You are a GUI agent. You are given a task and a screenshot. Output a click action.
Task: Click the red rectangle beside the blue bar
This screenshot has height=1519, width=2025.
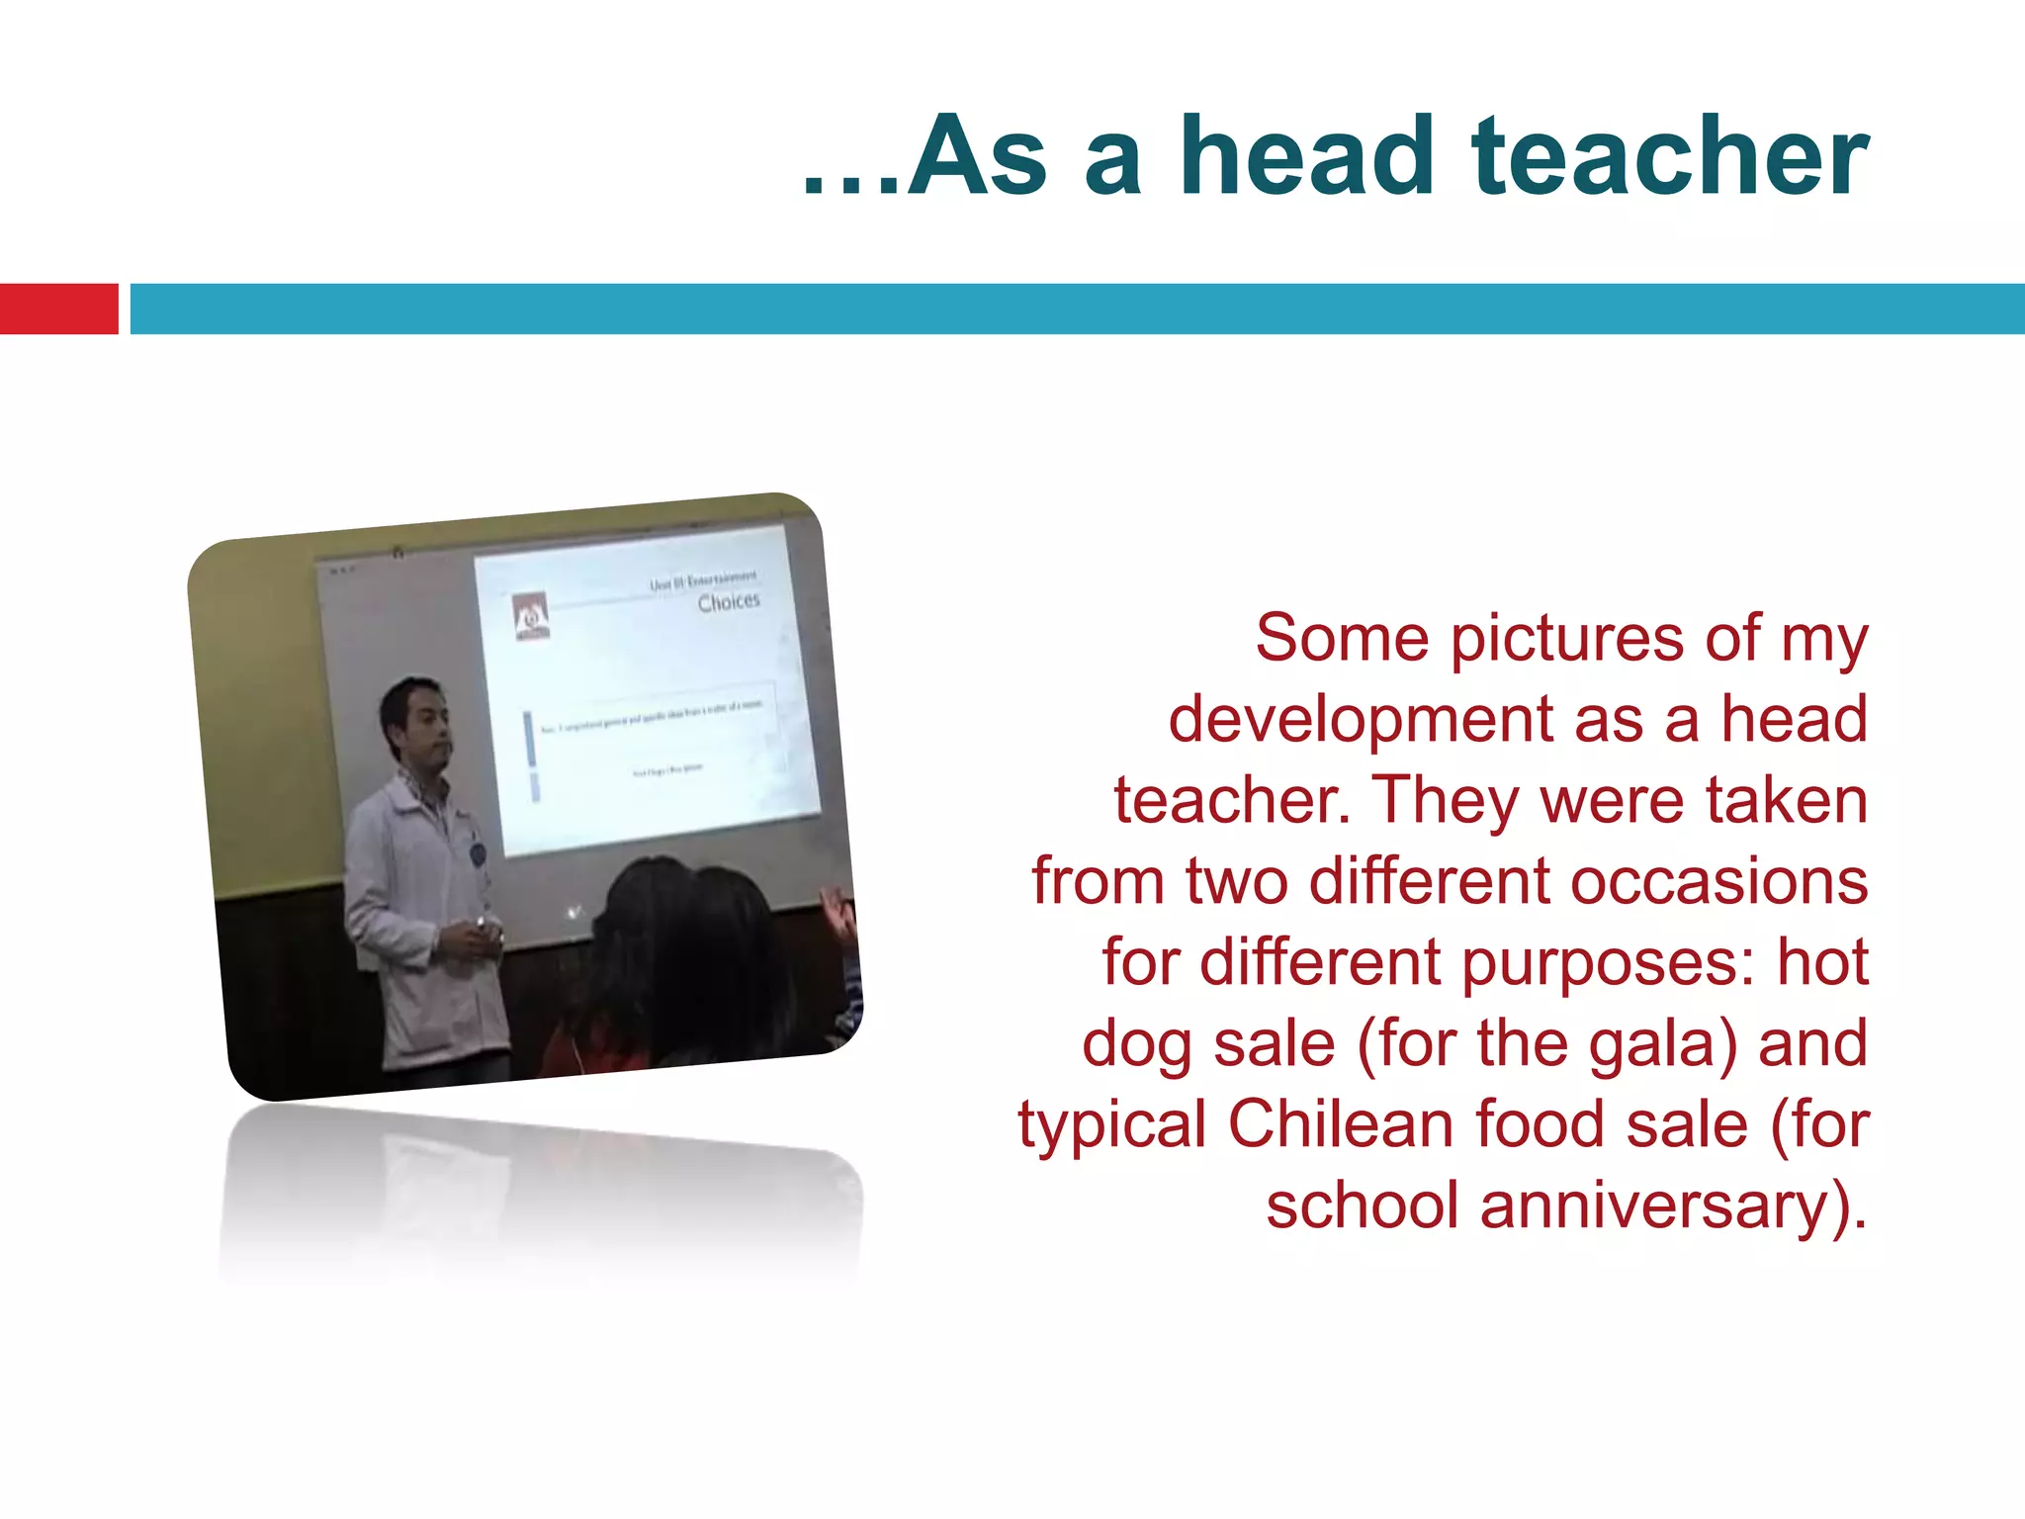[x=58, y=309]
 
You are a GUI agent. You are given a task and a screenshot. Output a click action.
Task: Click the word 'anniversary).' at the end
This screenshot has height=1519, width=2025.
[x=1673, y=1206]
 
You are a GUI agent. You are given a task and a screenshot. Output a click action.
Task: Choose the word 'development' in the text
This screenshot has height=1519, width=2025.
[x=1361, y=720]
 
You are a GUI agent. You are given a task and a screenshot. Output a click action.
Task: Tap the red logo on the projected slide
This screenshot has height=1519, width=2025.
[x=531, y=616]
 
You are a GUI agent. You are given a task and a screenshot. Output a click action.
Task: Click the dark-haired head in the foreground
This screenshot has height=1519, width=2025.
[x=682, y=939]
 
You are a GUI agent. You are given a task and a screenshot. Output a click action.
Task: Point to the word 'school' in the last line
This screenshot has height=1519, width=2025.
[x=1362, y=1206]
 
